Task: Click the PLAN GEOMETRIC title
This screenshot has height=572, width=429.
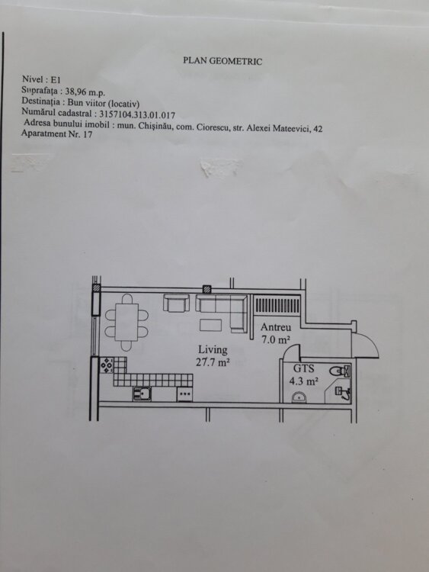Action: [223, 60]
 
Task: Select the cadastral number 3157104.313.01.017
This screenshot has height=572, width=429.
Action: [137, 115]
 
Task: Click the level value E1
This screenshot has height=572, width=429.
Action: [56, 79]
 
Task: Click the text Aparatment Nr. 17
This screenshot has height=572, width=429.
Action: [57, 133]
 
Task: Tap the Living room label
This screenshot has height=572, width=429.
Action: [213, 350]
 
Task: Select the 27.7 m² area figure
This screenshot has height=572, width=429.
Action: [213, 362]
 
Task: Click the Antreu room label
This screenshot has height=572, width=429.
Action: [276, 327]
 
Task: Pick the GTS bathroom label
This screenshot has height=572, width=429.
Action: [303, 369]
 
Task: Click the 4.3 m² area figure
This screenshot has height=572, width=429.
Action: [303, 381]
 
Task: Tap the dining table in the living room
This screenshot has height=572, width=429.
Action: [126, 323]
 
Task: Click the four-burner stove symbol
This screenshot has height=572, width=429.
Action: [107, 365]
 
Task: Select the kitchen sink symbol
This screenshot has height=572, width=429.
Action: [142, 394]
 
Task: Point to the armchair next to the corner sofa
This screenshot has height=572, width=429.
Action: [177, 303]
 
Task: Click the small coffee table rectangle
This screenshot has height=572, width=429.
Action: [210, 325]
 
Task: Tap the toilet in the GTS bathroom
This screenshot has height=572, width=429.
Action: [341, 371]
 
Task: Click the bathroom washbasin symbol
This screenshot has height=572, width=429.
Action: [299, 397]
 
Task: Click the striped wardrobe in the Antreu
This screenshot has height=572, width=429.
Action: [277, 305]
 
